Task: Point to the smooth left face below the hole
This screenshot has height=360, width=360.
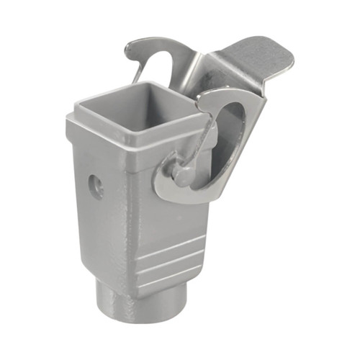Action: [x=97, y=230]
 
